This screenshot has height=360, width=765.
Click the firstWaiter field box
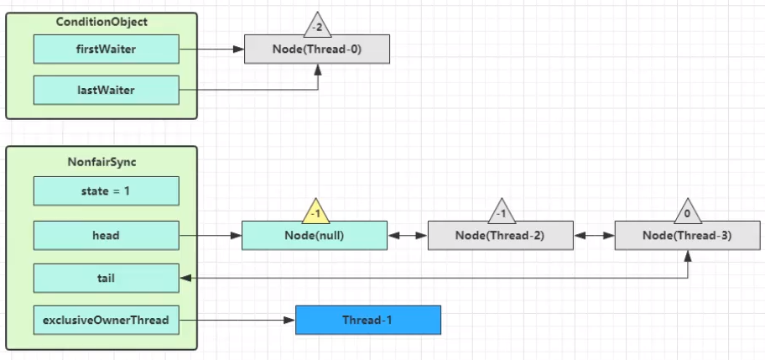[x=107, y=49]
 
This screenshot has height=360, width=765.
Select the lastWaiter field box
[x=107, y=90]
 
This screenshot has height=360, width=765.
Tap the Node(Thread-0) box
[x=317, y=49]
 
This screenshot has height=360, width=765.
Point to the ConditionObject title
[x=101, y=22]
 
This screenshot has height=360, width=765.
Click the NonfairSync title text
[x=101, y=162]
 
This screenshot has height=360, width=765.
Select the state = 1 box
[x=107, y=190]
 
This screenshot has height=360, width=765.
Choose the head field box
[x=107, y=235]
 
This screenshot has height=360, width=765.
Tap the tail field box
[x=107, y=278]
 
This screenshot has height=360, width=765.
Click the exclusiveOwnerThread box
[x=107, y=320]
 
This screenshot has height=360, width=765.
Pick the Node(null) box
[x=315, y=235]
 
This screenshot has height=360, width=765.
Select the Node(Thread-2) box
[x=501, y=235]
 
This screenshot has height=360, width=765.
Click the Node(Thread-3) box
[x=688, y=235]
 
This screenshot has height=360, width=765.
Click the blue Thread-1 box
[x=368, y=320]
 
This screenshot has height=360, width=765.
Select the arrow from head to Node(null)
[x=211, y=236]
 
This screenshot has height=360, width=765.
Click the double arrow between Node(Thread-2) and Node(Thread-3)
[x=594, y=236]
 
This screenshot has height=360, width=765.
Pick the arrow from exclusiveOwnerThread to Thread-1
[x=237, y=321]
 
